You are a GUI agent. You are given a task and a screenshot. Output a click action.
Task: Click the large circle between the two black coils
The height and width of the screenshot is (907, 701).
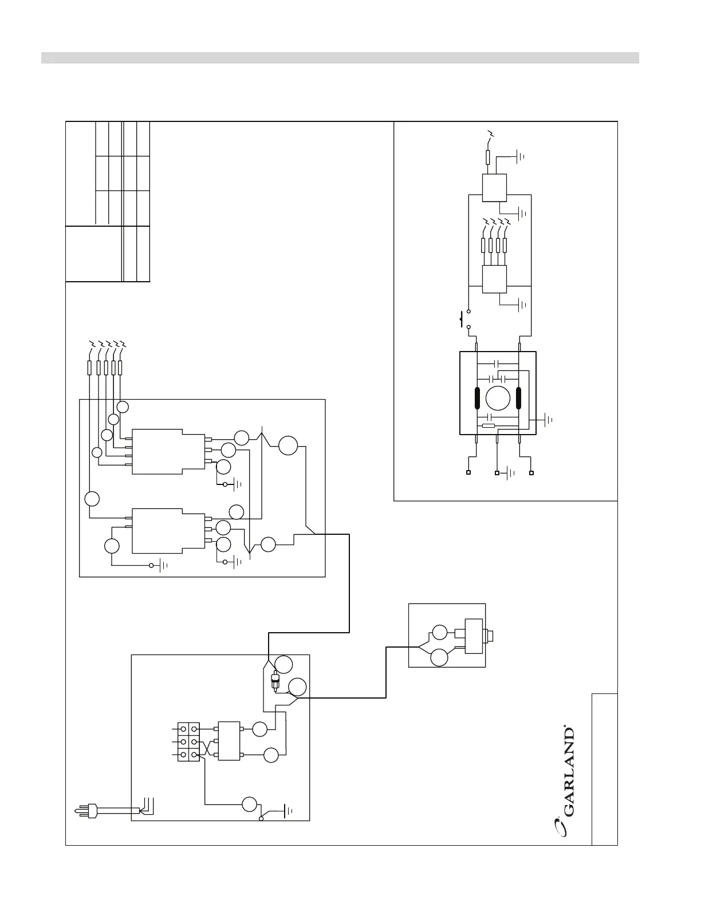pyautogui.click(x=498, y=399)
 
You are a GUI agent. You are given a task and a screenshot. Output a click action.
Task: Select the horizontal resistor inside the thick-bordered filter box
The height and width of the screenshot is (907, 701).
pyautogui.click(x=489, y=425)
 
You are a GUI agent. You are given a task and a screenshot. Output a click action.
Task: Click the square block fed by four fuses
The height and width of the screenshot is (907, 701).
pyautogui.click(x=494, y=279)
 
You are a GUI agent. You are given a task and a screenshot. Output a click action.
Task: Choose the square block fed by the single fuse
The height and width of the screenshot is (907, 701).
pyautogui.click(x=494, y=188)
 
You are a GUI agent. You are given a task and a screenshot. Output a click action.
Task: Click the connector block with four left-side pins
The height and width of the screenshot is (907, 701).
pyautogui.click(x=168, y=451)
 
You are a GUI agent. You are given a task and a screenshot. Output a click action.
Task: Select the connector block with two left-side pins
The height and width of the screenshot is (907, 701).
pyautogui.click(x=168, y=531)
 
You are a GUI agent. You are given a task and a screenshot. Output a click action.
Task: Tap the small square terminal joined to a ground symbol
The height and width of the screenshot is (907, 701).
pyautogui.click(x=497, y=473)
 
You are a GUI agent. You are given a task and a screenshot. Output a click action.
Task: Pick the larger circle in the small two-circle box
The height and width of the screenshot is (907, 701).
pyautogui.click(x=439, y=657)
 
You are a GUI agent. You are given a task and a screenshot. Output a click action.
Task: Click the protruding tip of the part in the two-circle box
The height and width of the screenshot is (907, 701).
pyautogui.click(x=494, y=636)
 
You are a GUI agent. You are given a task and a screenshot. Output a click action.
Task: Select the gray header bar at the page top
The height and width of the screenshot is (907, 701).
pyautogui.click(x=340, y=58)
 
